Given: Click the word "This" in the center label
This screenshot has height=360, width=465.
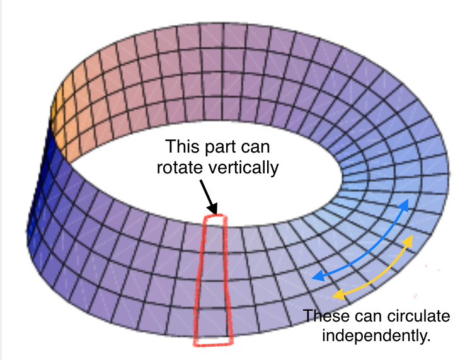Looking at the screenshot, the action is click(183, 147).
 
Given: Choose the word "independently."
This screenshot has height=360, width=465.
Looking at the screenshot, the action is click(376, 336).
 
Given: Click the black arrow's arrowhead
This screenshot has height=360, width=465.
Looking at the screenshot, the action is click(213, 208).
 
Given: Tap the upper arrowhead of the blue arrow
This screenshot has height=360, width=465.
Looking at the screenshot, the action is click(405, 205).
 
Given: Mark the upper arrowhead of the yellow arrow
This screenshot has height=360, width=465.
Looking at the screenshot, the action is click(408, 240).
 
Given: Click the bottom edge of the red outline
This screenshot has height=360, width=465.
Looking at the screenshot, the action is click(213, 344).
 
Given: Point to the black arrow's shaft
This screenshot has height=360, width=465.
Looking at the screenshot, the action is click(206, 192).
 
